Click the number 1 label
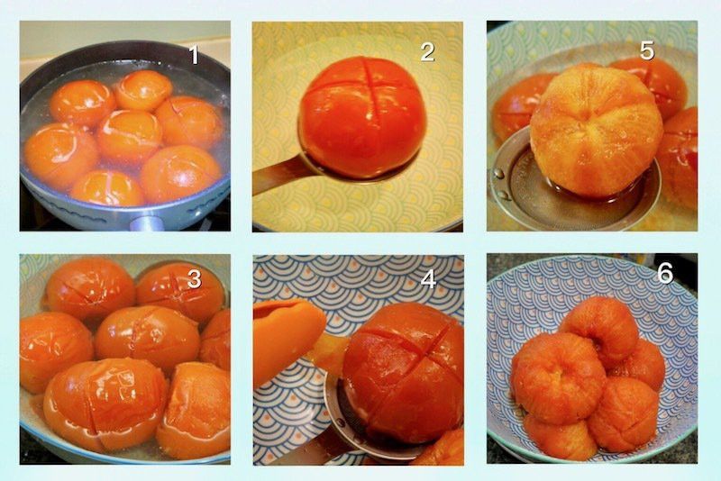[194, 55]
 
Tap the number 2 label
[427, 52]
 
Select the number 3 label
[194, 279]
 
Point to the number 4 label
[429, 279]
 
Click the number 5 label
[647, 51]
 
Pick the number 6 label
[665, 274]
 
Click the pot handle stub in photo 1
[147, 223]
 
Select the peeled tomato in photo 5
[597, 131]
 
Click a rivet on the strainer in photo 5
[498, 174]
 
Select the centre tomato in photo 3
[147, 334]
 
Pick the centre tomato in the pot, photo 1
[130, 135]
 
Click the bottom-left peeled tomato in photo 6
[554, 437]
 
